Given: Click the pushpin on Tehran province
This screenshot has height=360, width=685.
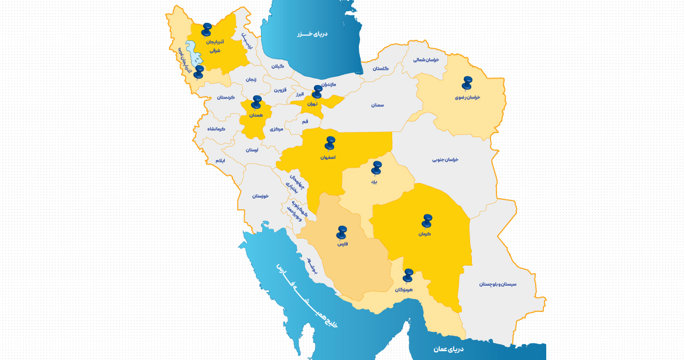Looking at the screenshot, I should point(317,91).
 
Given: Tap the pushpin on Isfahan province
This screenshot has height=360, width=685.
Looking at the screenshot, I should point(330,143).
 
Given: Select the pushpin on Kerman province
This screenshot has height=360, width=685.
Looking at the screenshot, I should point(427,220).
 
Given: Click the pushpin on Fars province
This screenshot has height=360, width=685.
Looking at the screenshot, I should point(342,232).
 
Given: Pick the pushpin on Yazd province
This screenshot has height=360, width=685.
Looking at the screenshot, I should point(376,167).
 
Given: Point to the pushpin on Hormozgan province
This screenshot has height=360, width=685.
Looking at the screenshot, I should point(408,275).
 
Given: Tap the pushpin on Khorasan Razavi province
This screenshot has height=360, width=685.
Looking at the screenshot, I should point(467,83).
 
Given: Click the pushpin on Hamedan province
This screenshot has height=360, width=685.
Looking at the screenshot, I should point(256,102).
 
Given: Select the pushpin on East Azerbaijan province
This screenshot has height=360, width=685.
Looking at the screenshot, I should point(207,29).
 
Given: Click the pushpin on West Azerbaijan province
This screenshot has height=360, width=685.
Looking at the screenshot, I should point(199,71).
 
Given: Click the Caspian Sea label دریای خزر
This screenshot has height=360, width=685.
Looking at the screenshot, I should point(312,33).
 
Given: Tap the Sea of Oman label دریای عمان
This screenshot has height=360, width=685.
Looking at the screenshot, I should point(448,349).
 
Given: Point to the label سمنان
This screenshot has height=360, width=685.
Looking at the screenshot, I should point(377,105).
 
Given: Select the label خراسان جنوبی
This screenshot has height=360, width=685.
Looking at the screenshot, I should point(446,159).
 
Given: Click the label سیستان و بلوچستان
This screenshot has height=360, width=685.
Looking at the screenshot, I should point(498,284).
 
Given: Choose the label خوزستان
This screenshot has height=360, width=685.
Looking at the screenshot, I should point(260,196).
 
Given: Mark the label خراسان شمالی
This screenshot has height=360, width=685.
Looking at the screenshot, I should point(426,60).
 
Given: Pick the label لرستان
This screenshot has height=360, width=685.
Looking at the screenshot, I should point(251,150).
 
